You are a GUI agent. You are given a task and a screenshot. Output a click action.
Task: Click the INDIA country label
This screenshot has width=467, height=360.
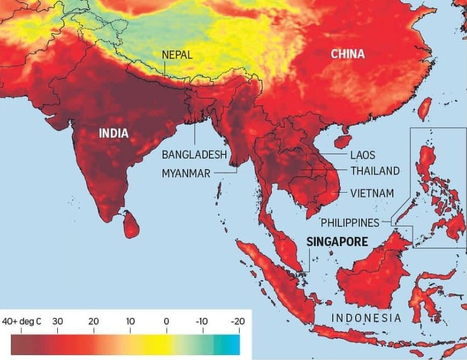tap(113, 133)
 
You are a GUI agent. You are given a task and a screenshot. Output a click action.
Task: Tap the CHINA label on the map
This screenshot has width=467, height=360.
tap(348, 53)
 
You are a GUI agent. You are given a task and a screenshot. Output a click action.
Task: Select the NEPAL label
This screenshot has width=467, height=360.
tap(177, 54)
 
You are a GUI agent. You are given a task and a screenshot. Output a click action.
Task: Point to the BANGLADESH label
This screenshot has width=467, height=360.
tap(194, 154)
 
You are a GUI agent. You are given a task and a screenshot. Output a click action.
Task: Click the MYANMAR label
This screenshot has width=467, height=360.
tap(187, 173)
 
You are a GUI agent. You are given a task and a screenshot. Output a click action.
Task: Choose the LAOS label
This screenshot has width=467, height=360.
tap(363, 155)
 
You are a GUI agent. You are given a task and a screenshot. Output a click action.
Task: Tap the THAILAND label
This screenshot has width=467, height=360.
tap(375, 171)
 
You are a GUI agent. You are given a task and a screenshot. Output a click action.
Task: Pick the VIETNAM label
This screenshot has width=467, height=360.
tap(372, 193)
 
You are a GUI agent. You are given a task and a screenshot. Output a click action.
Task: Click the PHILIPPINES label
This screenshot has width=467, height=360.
tap(350, 223)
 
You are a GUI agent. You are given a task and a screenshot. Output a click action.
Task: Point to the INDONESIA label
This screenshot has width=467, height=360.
tap(366, 317)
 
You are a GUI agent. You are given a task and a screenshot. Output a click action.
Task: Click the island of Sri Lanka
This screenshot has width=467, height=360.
tap(130, 224)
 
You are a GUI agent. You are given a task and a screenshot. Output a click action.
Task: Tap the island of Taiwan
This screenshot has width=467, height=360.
tap(425, 109)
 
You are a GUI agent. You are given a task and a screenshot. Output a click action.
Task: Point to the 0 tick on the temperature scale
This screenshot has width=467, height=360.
tap(166, 321)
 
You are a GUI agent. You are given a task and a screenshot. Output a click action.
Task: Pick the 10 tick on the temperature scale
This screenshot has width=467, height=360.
tap(130, 321)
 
